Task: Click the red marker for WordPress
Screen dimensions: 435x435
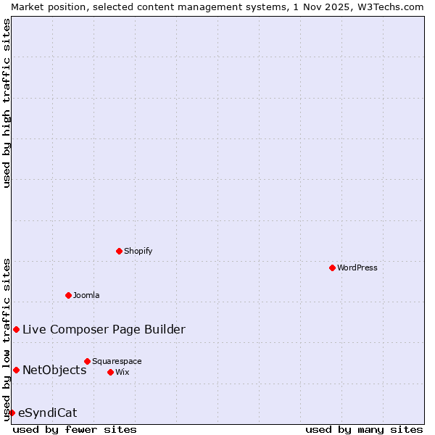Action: pyautogui.click(x=332, y=268)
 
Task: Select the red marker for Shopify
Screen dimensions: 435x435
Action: pyautogui.click(x=119, y=251)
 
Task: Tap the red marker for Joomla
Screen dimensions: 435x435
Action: pyautogui.click(x=68, y=295)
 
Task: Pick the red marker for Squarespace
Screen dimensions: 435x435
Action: pyautogui.click(x=87, y=361)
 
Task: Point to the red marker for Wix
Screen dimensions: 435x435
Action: pyautogui.click(x=110, y=372)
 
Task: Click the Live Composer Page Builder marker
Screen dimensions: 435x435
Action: pyautogui.click(x=16, y=329)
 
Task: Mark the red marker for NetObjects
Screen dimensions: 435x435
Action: pyautogui.click(x=16, y=370)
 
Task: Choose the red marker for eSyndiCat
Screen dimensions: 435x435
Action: pyautogui.click(x=12, y=413)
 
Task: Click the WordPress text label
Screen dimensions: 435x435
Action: pyautogui.click(x=357, y=268)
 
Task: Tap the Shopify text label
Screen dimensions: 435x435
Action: pyautogui.click(x=138, y=251)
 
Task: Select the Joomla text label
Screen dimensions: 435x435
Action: pyautogui.click(x=86, y=295)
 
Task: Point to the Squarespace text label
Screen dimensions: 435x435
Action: pyautogui.click(x=117, y=361)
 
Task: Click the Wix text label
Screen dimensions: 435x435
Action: pyautogui.click(x=122, y=372)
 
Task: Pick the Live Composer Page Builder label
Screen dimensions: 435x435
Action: pyautogui.click(x=104, y=329)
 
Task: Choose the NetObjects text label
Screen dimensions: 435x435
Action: pyautogui.click(x=54, y=370)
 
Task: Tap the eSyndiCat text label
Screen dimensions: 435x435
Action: pyautogui.click(x=47, y=413)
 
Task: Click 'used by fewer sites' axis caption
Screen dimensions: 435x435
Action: pyautogui.click(x=75, y=429)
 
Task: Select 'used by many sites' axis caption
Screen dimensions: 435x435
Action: pyautogui.click(x=364, y=429)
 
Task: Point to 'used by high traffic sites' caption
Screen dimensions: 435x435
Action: pyautogui.click(x=7, y=103)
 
